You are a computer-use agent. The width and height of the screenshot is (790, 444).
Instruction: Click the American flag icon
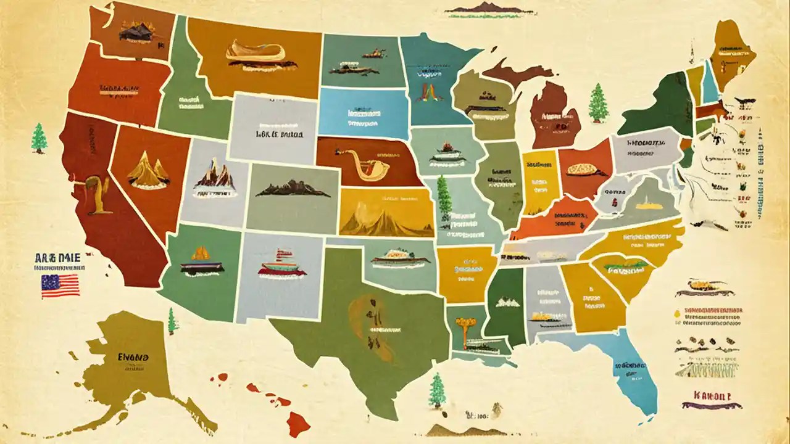(60, 286)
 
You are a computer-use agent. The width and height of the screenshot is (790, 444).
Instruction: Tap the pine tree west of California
(39, 138)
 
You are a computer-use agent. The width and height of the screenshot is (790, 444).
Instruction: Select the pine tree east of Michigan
(597, 103)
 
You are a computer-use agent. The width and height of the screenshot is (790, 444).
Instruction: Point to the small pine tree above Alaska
(172, 321)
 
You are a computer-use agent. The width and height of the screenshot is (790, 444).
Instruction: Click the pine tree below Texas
(437, 390)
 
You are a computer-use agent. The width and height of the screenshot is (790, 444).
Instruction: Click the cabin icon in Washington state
(136, 31)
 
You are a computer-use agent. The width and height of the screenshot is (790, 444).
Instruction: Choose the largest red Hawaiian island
(298, 423)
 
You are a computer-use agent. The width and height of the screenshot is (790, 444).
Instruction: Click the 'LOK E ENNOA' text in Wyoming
(275, 132)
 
